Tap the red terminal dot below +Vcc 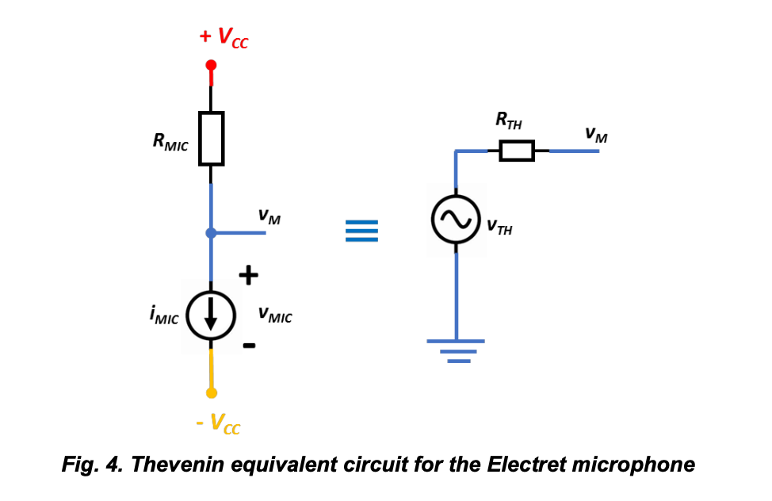(211, 67)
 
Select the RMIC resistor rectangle (211, 138)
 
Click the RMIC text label (170, 143)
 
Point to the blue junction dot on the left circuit (211, 233)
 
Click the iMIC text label (163, 316)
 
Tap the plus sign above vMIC (249, 275)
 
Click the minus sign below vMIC (249, 345)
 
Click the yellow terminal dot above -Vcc (211, 392)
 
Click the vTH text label (499, 228)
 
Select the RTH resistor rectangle (517, 151)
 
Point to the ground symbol (456, 350)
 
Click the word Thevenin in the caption (173, 464)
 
